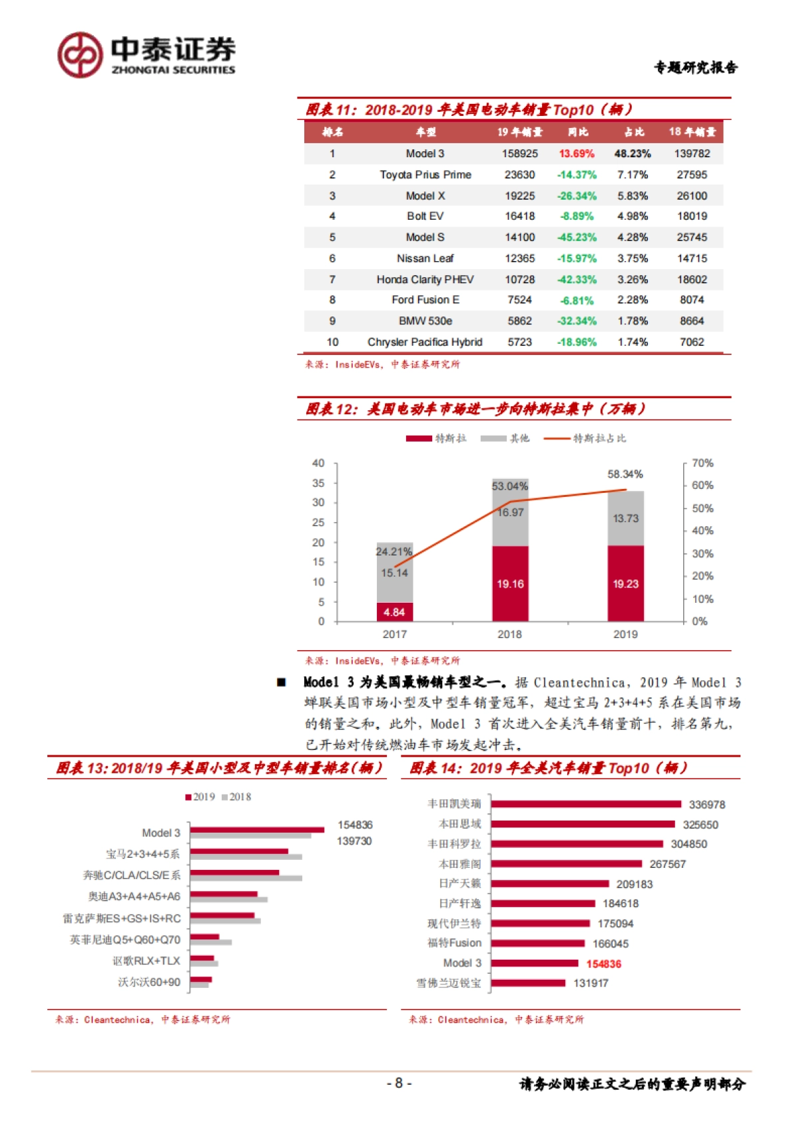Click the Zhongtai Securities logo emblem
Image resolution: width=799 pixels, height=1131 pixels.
pos(80,55)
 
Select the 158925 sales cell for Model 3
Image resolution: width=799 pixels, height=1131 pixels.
pos(519,154)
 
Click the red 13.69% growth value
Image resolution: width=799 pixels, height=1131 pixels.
pos(577,154)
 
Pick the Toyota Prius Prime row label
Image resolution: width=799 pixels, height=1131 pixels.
pos(425,175)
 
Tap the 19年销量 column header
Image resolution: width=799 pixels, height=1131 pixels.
pos(519,132)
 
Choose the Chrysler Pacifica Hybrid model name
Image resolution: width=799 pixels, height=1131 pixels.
pos(425,342)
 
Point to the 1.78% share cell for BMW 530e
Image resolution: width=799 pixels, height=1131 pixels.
pos(633,321)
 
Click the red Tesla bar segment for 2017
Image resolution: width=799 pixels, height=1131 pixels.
pos(394,612)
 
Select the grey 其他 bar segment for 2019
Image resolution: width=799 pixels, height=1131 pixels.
pos(625,518)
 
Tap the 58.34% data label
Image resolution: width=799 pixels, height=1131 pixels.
pos(625,474)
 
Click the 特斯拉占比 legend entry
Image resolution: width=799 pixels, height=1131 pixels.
pos(586,438)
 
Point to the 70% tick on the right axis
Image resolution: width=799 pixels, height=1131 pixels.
pos(702,463)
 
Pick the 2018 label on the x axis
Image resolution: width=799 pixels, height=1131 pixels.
pos(509,634)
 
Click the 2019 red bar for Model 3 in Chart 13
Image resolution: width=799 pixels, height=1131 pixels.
pos(257,830)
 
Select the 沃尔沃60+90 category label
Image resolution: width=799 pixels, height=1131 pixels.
pos(149,982)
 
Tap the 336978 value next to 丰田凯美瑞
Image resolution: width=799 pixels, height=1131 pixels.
pos(706,805)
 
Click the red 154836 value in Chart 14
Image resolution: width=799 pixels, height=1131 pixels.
pos(603,964)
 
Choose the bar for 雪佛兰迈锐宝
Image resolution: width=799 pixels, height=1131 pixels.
pos(529,983)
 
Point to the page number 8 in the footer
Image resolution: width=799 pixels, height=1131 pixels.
pos(399,1083)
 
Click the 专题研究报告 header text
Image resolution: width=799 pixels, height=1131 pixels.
pos(695,67)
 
